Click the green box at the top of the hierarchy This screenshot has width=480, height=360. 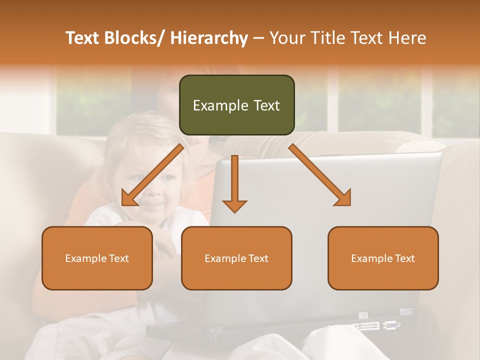pyautogui.click(x=236, y=105)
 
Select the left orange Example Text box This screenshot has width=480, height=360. pyautogui.click(x=97, y=258)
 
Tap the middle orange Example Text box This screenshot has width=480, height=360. pyautogui.click(x=236, y=258)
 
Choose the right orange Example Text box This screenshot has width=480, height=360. pyautogui.click(x=383, y=258)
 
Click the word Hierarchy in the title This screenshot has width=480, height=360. pyautogui.click(x=209, y=38)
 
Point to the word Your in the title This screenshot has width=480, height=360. pyautogui.click(x=286, y=38)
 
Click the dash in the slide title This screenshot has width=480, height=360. pyautogui.click(x=258, y=38)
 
